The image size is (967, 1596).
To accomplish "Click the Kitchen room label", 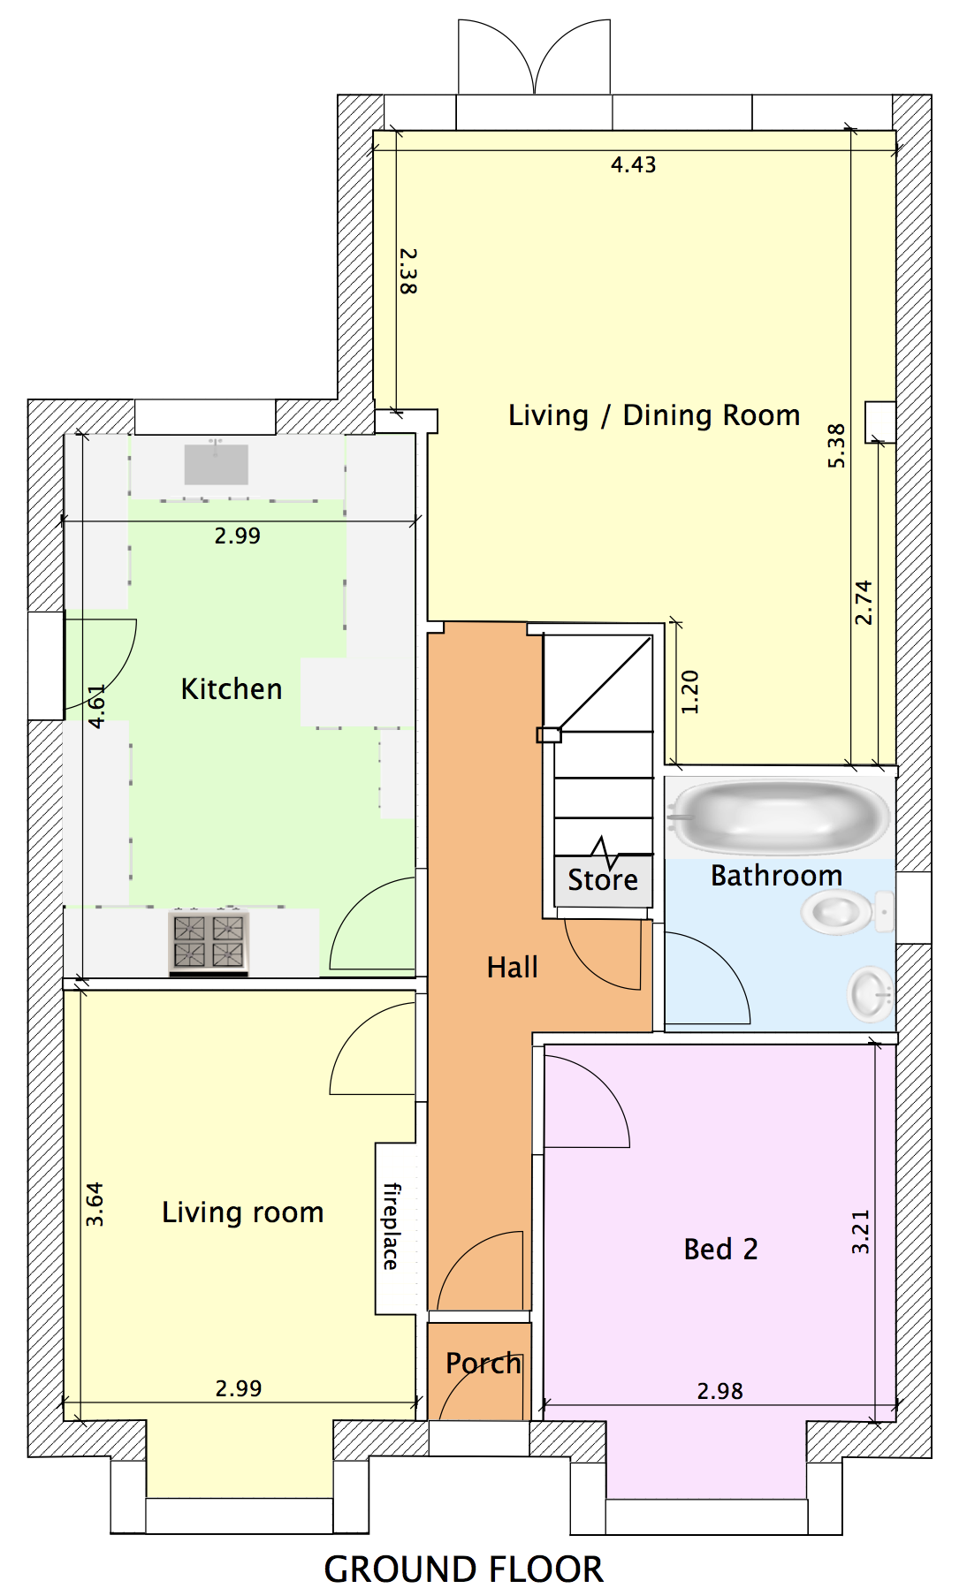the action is click(232, 689).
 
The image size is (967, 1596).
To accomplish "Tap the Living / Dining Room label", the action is click(654, 415).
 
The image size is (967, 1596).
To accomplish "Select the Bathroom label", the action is click(776, 876).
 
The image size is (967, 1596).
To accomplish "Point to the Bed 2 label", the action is click(720, 1250).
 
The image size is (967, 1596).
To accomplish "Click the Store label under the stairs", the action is click(603, 880).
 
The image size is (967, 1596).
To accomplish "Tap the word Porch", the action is click(483, 1364).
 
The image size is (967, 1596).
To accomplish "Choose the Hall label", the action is click(512, 968).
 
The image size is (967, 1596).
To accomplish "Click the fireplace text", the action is click(391, 1227).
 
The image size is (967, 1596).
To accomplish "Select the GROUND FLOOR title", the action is click(463, 1569).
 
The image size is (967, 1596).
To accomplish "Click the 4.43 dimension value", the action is click(634, 165).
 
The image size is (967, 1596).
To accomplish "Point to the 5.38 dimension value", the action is click(836, 446).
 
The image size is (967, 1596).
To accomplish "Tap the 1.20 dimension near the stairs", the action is click(690, 692).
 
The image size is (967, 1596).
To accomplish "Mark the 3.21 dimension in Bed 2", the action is click(860, 1232).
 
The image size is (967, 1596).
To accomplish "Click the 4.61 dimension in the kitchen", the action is click(97, 706).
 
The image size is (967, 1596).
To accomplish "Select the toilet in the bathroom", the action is click(848, 911).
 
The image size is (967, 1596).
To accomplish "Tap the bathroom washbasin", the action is click(872, 994).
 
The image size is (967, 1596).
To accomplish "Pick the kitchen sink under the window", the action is click(216, 464).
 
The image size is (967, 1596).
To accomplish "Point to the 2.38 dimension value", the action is click(407, 270).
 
